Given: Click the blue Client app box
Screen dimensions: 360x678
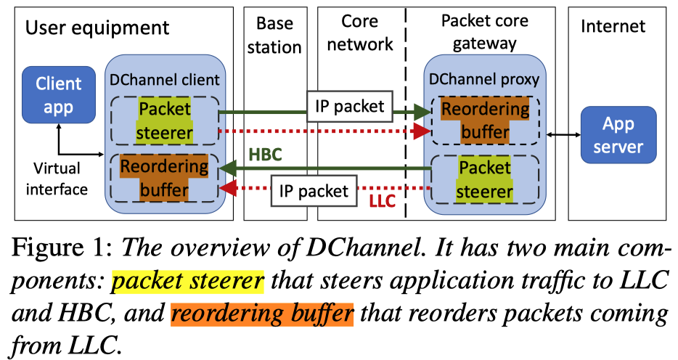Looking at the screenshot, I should click(59, 95).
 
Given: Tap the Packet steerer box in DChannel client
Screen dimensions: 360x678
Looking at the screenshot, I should click(165, 121).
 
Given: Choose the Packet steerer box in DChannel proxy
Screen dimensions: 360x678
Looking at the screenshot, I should click(485, 181).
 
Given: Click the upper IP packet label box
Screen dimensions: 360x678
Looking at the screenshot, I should click(350, 106).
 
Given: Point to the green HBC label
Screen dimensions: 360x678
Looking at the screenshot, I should click(267, 155).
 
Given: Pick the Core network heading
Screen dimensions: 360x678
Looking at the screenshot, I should click(359, 33).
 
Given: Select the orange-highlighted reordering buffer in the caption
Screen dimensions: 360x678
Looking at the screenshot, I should click(261, 314).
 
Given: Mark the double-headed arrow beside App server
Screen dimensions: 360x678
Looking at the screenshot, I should click(559, 135).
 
